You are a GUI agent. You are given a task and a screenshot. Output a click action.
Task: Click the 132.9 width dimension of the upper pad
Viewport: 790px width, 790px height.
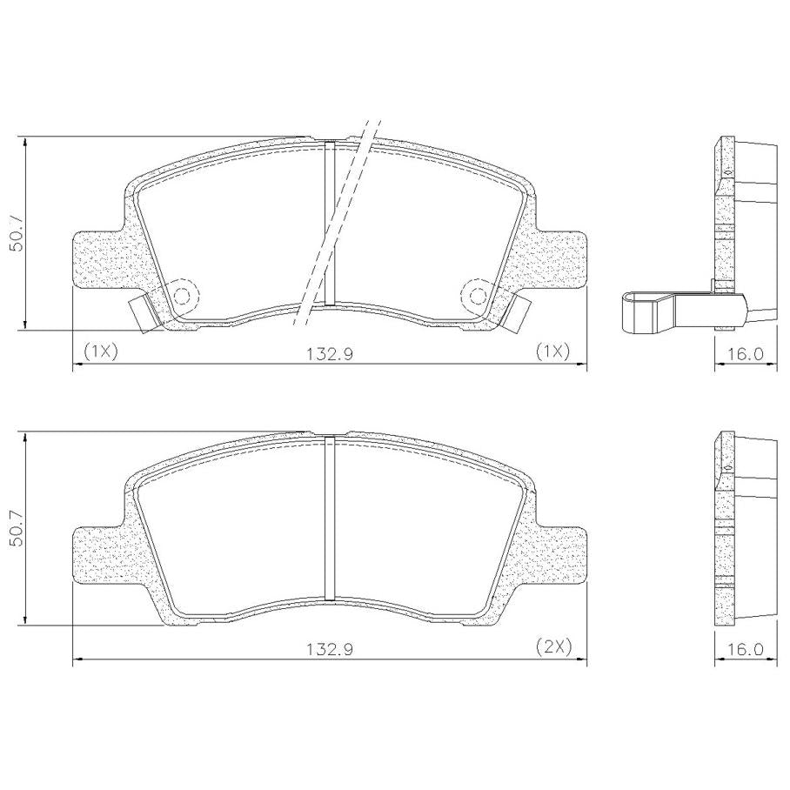330,353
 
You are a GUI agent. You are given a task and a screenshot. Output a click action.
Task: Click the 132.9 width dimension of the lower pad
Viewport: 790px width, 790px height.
330,649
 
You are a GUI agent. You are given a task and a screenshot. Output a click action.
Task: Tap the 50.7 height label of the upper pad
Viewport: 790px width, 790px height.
17,233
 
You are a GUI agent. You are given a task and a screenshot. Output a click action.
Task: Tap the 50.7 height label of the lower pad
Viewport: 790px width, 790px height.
17,527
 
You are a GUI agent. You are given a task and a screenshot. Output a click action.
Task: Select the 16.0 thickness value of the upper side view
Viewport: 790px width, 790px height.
745,353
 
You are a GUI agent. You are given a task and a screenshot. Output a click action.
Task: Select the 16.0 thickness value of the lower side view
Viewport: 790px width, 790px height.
745,649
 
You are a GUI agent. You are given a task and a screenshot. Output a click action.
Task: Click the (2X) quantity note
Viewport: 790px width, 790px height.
553,646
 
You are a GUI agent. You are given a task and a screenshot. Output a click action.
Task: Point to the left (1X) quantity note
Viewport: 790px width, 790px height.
101,351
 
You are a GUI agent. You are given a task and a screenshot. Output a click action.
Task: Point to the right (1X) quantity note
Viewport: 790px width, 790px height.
552,351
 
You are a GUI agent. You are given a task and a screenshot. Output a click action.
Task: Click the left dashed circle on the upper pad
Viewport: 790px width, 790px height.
182,296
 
